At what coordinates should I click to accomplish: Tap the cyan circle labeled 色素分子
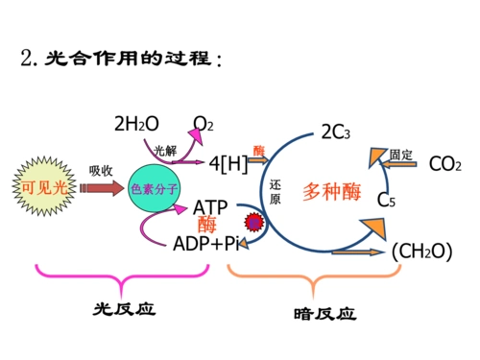(154, 188)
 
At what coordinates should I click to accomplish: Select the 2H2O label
(134, 124)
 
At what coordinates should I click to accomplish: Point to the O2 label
(204, 124)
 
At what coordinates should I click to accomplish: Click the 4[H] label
(228, 164)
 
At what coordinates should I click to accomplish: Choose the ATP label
(210, 207)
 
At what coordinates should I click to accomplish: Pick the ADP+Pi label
(204, 244)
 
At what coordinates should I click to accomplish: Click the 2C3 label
(337, 132)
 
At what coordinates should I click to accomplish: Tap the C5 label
(387, 201)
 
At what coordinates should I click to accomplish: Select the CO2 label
(445, 164)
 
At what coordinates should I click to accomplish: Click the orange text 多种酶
(331, 190)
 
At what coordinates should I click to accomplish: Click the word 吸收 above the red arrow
(101, 169)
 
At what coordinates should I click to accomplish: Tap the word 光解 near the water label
(165, 149)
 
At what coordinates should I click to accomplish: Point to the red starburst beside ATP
(253, 223)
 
